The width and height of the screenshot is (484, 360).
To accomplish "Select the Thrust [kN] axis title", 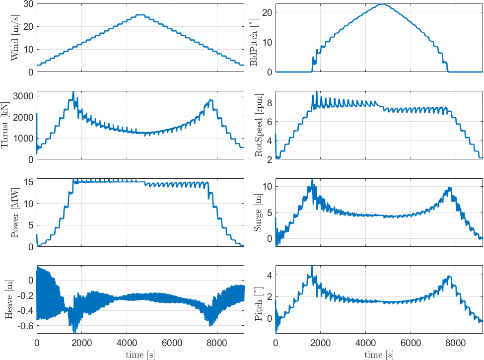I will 6,126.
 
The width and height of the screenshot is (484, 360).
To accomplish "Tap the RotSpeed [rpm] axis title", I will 258,126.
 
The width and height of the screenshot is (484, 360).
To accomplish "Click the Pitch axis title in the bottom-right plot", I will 258,300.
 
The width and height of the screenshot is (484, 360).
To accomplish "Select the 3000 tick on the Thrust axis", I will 23,96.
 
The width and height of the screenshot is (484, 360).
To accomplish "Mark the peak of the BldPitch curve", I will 382,4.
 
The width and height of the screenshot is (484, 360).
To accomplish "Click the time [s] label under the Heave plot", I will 140,355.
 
